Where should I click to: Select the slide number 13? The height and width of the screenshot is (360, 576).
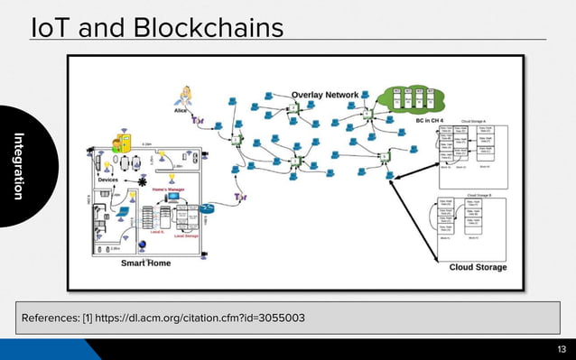[x=561, y=348]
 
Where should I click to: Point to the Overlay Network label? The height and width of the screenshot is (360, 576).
[x=325, y=94]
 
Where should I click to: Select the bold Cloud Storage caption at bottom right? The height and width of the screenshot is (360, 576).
[x=478, y=267]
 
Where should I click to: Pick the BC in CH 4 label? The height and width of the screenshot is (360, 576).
[x=432, y=119]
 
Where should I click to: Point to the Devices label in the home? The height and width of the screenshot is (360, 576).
[x=108, y=180]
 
